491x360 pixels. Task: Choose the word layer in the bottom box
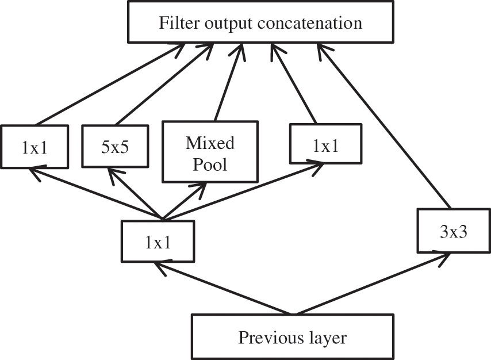[327, 337]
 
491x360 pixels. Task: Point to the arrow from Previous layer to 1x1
[224, 288]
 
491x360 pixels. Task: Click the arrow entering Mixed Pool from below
[184, 201]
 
